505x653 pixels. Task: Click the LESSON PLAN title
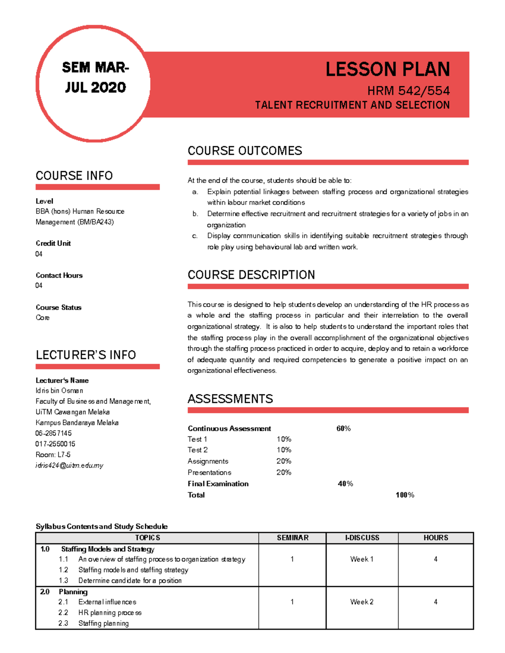point(387,69)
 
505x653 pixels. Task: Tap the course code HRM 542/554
point(408,91)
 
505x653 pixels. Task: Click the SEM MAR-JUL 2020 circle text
point(96,77)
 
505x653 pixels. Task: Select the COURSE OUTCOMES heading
point(245,151)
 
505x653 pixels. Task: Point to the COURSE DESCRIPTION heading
point(251,275)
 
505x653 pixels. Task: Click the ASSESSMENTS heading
point(230,399)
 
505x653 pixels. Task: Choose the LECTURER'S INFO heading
point(86,355)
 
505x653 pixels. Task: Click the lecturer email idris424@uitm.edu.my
point(69,465)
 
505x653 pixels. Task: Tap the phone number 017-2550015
point(55,444)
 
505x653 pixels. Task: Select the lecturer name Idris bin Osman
point(59,391)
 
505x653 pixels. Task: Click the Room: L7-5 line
point(53,455)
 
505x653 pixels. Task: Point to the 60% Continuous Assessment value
point(343,428)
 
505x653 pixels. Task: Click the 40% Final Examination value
point(345,484)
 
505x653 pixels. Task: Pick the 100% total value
point(405,495)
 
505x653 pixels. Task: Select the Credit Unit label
point(53,243)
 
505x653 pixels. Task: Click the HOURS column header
point(436,538)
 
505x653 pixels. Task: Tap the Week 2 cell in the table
point(361,602)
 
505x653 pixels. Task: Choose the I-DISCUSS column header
point(362,538)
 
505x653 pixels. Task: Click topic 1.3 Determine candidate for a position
point(130,581)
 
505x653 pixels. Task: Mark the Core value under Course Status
point(43,318)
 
